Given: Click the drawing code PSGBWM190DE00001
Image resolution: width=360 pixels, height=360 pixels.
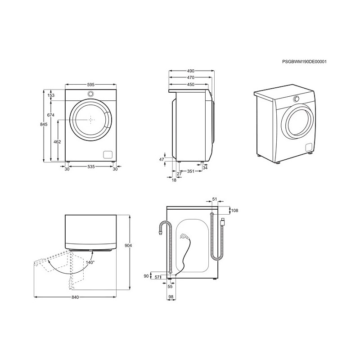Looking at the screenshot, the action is [x=304, y=62].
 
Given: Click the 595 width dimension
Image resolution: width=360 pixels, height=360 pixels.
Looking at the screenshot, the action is [x=91, y=85].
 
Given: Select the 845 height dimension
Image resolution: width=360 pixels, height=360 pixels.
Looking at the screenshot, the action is [x=44, y=125].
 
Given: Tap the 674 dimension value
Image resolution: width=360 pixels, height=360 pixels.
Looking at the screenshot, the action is [x=50, y=115].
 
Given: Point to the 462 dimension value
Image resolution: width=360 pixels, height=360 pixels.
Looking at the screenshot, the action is [x=57, y=142].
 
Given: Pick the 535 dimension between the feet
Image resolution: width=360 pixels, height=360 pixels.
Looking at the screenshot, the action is [x=91, y=166].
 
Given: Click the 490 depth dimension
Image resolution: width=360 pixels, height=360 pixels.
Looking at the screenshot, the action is [x=190, y=71].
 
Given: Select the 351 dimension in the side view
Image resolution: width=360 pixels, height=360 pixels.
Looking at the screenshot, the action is [x=190, y=171].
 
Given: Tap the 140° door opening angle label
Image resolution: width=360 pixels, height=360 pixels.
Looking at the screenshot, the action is [x=90, y=262].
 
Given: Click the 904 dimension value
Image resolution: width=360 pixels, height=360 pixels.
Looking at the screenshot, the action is [x=128, y=246].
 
